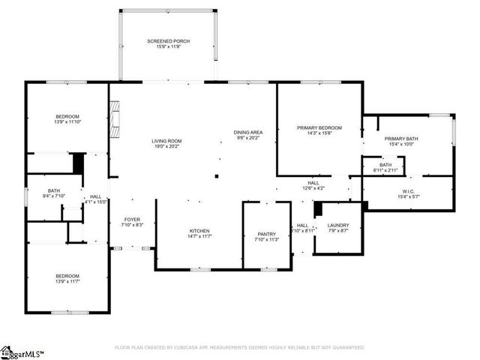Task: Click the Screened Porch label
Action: tap(168, 40)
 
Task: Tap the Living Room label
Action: tap(167, 141)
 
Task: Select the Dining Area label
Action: tap(247, 133)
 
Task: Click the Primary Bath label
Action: tap(401, 139)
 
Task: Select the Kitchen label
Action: tap(199, 230)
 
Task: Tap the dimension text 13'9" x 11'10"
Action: tap(67, 123)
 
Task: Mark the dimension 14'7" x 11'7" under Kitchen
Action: tap(199, 236)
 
